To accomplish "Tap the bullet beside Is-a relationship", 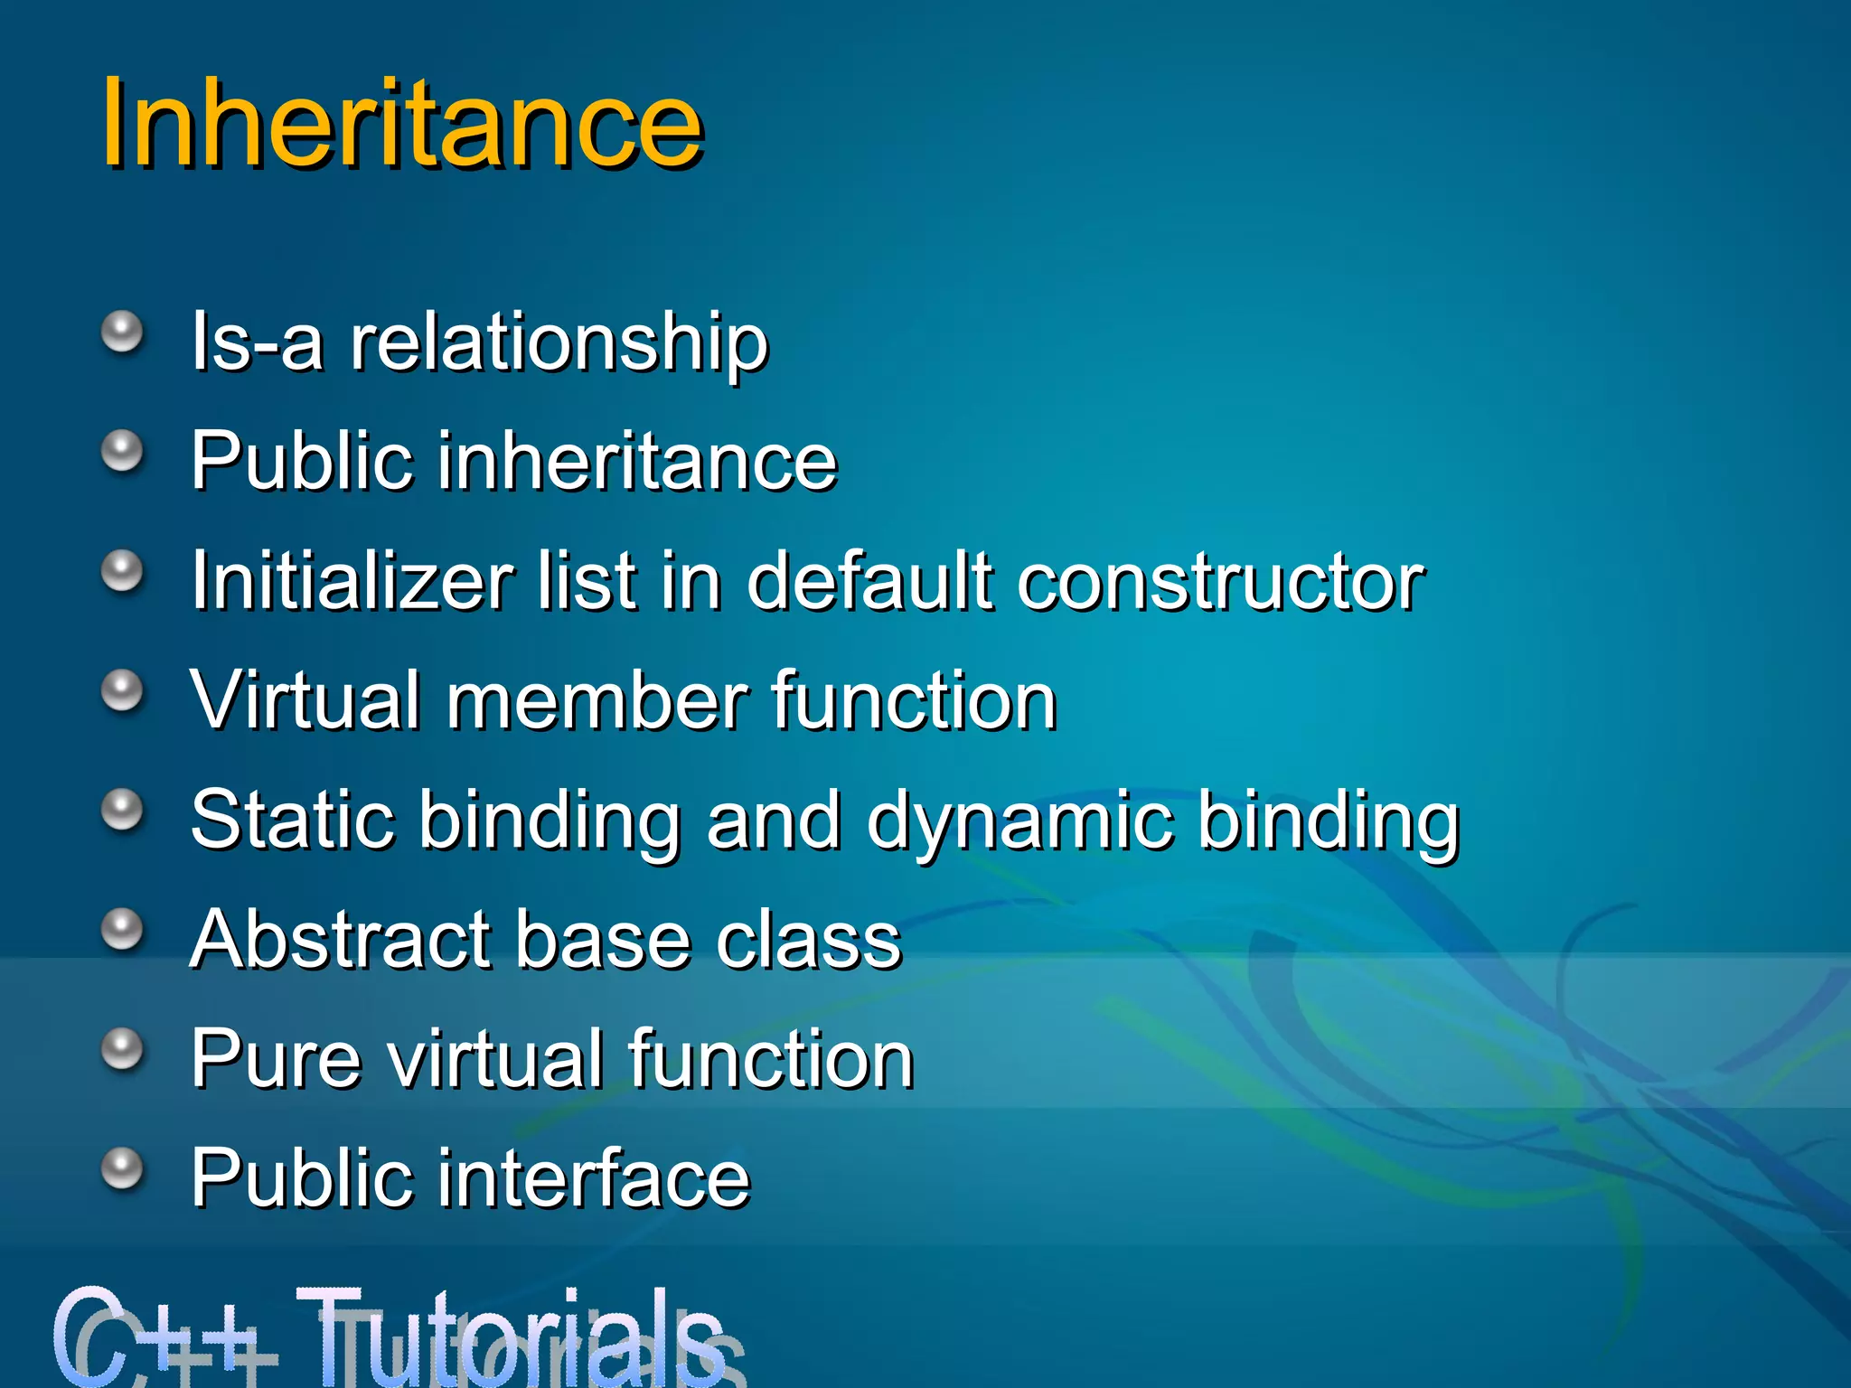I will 122,333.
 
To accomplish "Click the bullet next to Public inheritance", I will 122,451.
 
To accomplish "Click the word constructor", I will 1220,583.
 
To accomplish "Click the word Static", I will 293,820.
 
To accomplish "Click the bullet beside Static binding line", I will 122,810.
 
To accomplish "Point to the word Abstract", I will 340,940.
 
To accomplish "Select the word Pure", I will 276,1059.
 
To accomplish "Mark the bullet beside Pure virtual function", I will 122,1049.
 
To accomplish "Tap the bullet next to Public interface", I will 122,1168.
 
